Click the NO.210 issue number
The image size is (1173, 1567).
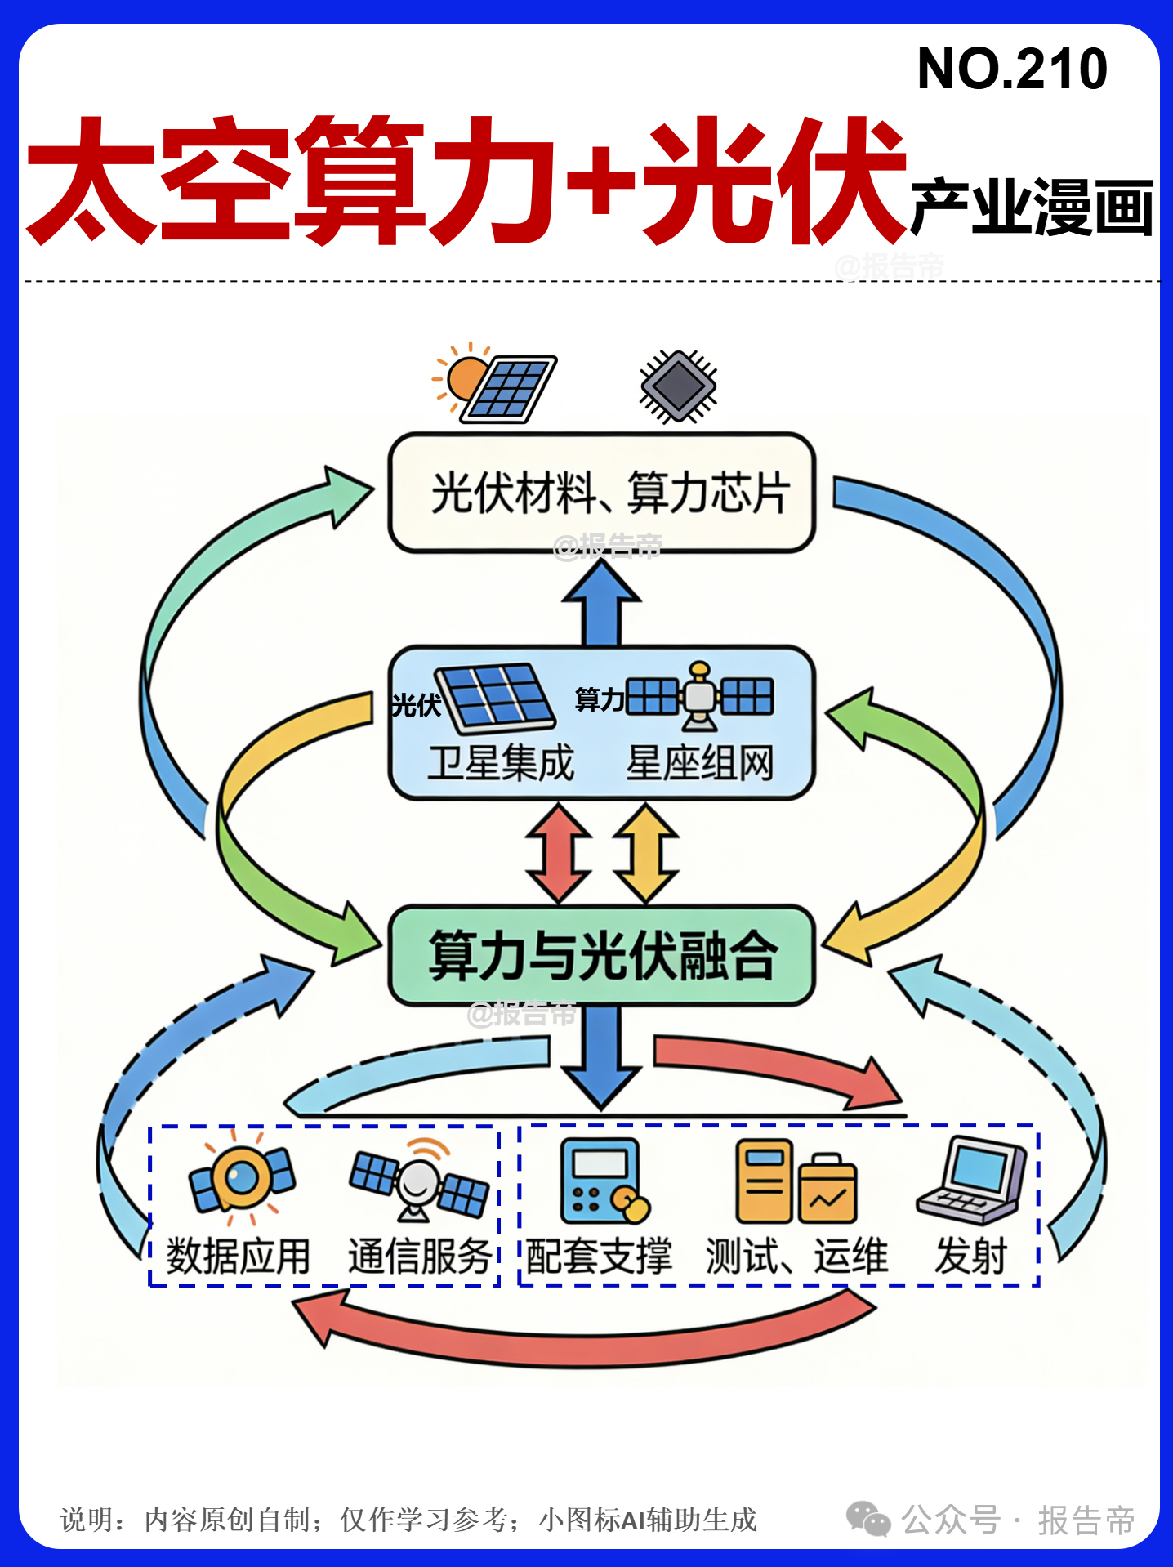(1012, 69)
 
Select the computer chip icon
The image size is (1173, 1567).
(678, 386)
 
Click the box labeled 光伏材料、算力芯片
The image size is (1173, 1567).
(602, 493)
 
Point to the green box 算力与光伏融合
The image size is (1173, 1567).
(602, 955)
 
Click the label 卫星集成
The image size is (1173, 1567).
(501, 763)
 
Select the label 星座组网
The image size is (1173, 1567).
(699, 763)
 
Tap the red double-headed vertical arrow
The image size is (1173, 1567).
(559, 853)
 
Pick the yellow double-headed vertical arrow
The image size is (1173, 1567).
(646, 853)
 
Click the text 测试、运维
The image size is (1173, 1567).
(796, 1256)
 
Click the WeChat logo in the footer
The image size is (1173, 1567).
(867, 1519)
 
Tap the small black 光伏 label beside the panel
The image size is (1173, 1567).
(416, 705)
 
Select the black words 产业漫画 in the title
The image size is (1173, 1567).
(1031, 208)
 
